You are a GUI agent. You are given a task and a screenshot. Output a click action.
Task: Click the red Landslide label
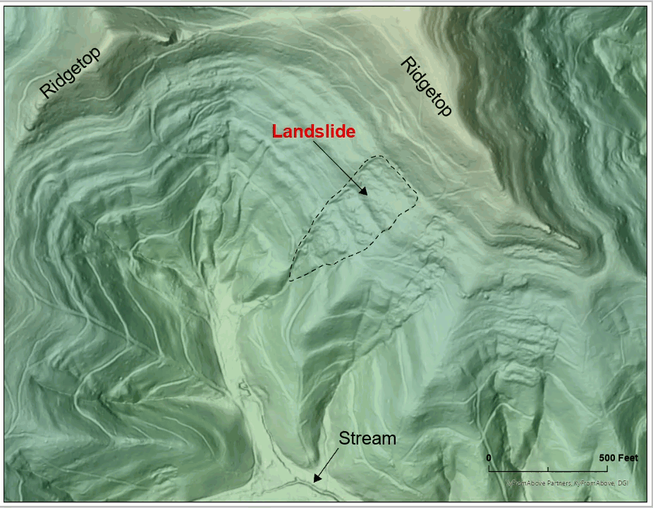click(x=314, y=131)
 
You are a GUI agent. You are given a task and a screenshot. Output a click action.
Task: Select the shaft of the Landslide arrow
click(x=341, y=167)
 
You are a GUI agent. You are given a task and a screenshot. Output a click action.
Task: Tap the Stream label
click(x=367, y=438)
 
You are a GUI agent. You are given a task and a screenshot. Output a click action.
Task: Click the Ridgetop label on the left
click(x=70, y=73)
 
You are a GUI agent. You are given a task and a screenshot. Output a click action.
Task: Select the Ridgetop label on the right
click(x=426, y=87)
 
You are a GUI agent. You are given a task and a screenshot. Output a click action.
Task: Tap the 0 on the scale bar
click(x=489, y=458)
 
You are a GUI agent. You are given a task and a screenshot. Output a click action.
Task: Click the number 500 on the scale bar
click(x=608, y=458)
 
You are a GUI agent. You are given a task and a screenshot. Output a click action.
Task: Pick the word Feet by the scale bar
click(x=628, y=458)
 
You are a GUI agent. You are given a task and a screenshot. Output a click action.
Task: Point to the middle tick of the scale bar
click(x=548, y=468)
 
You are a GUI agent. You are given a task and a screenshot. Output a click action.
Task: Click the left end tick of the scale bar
click(x=489, y=468)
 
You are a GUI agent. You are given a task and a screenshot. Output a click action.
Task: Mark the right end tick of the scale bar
click(x=607, y=468)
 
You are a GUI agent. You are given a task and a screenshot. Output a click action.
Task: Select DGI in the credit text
click(x=621, y=483)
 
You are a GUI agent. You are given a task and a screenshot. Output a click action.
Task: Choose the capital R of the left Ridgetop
click(x=47, y=91)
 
